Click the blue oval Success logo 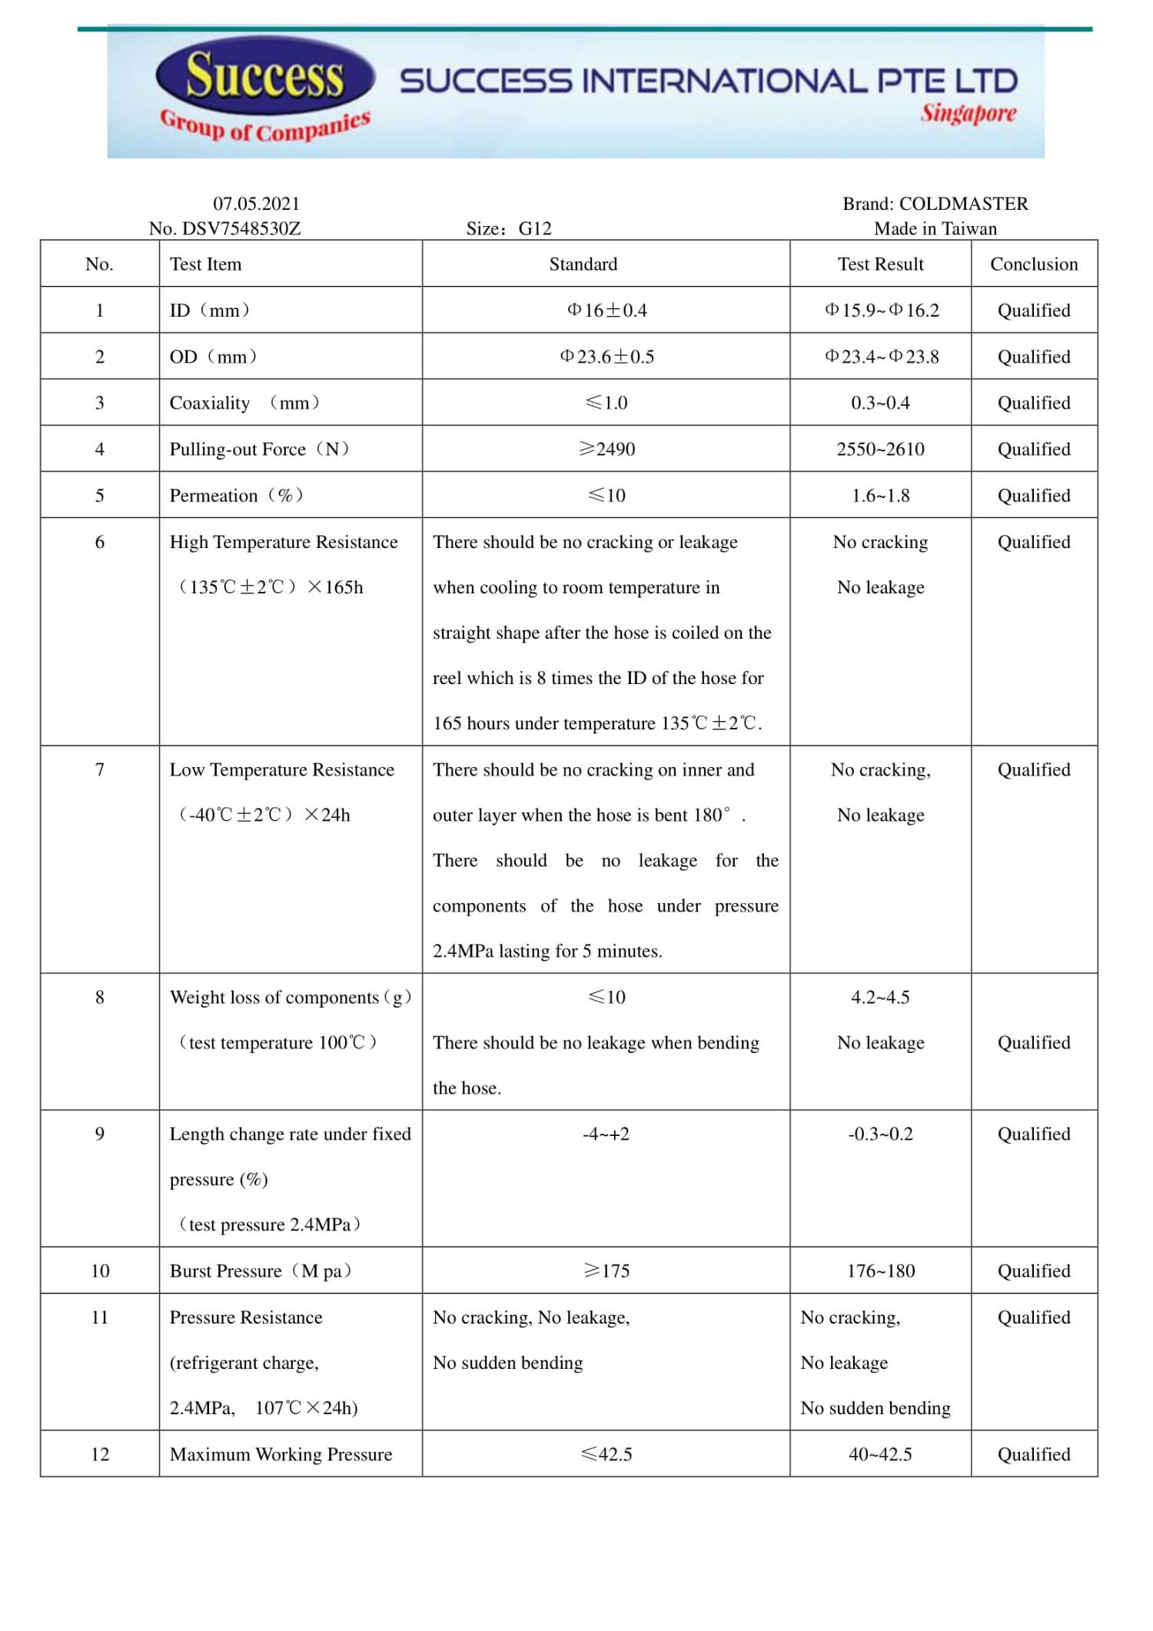(x=264, y=75)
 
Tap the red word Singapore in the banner (x=969, y=114)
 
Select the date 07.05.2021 (x=256, y=204)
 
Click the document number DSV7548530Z (x=241, y=228)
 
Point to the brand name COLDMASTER (x=963, y=204)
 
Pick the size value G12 (x=535, y=228)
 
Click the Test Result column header (x=880, y=264)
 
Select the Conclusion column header (x=1034, y=264)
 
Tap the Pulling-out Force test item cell (x=259, y=449)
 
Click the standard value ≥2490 (x=606, y=449)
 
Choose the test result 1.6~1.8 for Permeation (x=880, y=496)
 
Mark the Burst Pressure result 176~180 (x=881, y=1271)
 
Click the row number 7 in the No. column (x=100, y=769)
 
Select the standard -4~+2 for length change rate (x=606, y=1134)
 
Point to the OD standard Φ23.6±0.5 (x=606, y=357)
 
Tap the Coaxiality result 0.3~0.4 (x=880, y=403)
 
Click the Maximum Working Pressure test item (x=281, y=1454)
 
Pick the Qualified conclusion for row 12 (x=1034, y=1454)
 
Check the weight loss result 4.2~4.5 (x=880, y=997)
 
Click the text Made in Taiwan (x=935, y=228)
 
